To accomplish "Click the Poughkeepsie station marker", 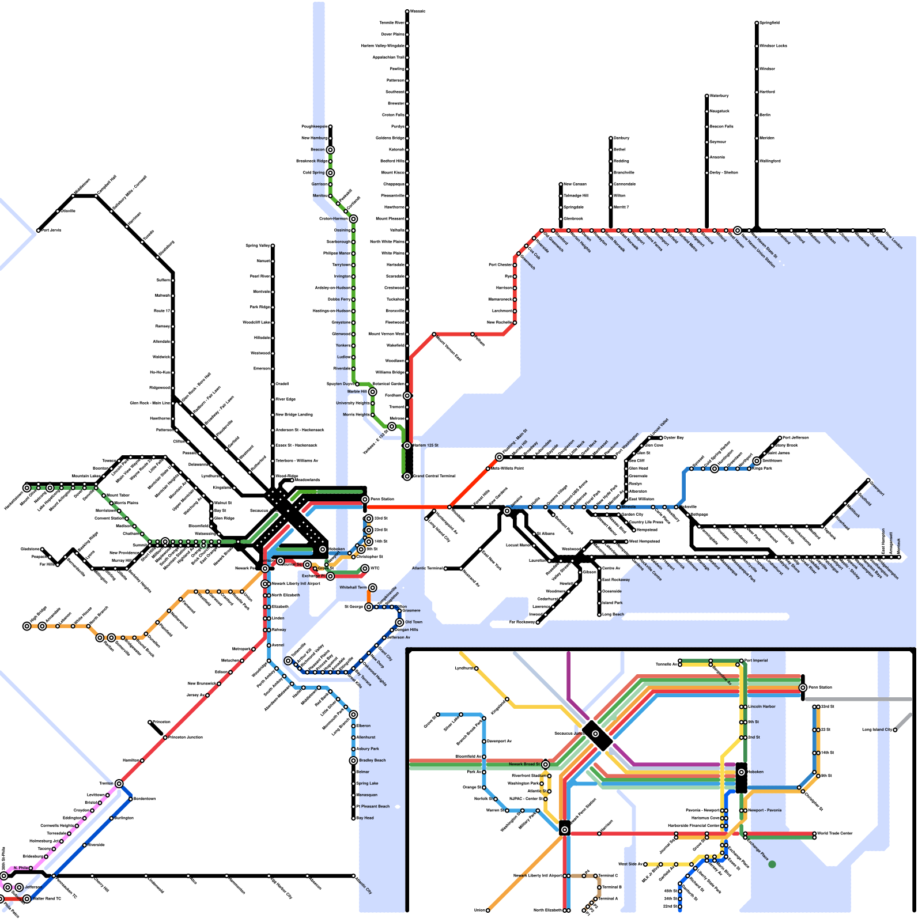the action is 330,127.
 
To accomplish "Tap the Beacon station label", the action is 318,150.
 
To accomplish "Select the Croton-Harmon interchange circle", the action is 353,219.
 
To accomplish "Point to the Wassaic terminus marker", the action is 407,12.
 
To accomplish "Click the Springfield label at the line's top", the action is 769,23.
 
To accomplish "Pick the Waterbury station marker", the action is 707,96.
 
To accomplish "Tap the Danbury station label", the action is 621,138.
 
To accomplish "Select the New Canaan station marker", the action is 561,184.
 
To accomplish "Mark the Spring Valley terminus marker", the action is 273,246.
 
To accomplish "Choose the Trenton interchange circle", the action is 119,784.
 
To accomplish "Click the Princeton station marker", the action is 150,722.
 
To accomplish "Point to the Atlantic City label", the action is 364,885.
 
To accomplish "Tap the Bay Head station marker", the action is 354,818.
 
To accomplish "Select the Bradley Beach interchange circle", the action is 353,761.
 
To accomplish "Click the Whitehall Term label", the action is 353,588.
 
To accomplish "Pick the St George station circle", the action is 369,607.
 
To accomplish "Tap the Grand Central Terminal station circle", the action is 407,477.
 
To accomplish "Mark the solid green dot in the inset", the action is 772,864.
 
